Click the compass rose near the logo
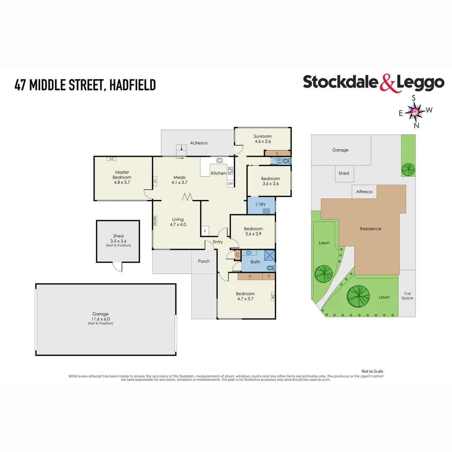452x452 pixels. [415, 112]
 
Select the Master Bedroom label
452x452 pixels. [122, 175]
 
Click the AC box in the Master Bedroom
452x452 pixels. [111, 159]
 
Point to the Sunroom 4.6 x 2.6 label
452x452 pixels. [263, 139]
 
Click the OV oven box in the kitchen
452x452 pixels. [230, 184]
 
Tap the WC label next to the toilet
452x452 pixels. [280, 162]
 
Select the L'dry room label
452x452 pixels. [260, 204]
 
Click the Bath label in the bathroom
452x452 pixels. [255, 262]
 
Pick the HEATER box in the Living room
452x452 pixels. [155, 221]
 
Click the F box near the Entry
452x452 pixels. [205, 231]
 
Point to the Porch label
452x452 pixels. [204, 261]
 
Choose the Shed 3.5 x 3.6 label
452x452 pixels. [118, 239]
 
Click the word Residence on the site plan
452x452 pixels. [370, 229]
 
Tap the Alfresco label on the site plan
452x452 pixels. [364, 192]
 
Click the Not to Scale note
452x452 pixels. [372, 371]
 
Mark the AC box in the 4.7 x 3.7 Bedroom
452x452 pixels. [272, 296]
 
